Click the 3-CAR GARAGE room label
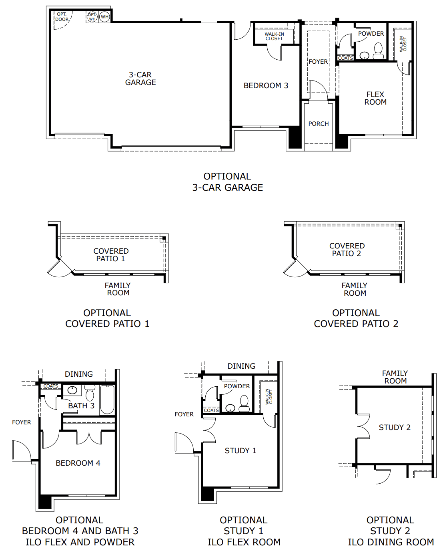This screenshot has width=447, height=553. (x=140, y=79)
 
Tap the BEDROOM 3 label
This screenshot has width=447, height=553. (x=266, y=85)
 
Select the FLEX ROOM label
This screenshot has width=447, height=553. (x=375, y=98)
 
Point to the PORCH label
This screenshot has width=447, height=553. (x=319, y=123)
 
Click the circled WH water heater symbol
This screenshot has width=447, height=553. (x=104, y=17)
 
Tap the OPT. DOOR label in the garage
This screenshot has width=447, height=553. (x=62, y=17)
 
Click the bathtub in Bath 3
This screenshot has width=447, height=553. (x=107, y=400)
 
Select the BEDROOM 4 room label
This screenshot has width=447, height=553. (x=78, y=463)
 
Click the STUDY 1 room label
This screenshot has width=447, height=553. (x=241, y=450)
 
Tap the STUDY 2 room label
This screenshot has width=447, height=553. (x=395, y=427)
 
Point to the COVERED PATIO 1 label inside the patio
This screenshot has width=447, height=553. (x=111, y=255)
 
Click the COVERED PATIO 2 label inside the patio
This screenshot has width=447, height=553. (x=347, y=250)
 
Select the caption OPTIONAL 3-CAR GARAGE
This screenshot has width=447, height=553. (x=227, y=182)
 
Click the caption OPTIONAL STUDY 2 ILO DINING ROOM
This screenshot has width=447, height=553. (x=391, y=531)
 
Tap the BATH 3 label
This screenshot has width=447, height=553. (x=81, y=406)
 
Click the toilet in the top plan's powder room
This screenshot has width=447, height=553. (x=378, y=51)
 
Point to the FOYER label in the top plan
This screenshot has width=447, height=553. (x=318, y=62)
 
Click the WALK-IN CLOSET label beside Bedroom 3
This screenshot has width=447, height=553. (x=274, y=36)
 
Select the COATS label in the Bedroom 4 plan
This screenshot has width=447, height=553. (x=50, y=386)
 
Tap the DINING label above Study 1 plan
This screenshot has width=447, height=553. (x=241, y=366)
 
